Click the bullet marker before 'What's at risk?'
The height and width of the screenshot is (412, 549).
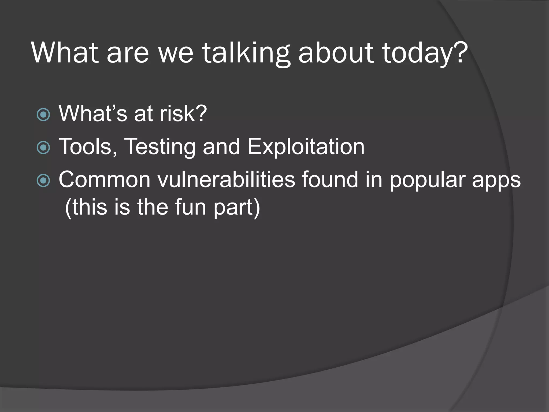43,115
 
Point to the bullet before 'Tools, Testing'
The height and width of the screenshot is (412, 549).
43,148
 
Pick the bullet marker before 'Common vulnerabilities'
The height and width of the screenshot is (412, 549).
43,181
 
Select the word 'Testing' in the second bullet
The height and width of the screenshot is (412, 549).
160,147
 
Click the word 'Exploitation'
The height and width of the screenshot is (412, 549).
306,147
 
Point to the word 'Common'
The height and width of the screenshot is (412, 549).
104,180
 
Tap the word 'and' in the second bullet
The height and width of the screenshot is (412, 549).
221,147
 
